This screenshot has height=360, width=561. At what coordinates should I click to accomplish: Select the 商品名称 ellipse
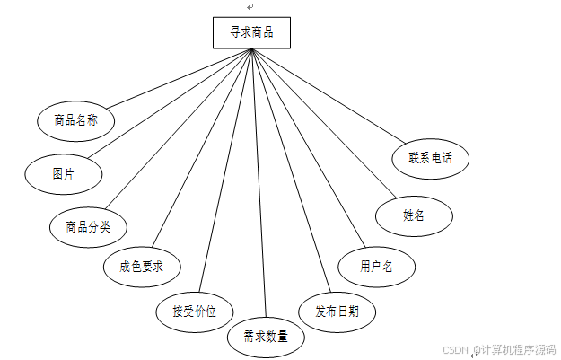[75, 119]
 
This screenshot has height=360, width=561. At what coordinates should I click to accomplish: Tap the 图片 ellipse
[63, 173]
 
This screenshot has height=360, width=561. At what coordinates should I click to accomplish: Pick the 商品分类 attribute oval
[88, 225]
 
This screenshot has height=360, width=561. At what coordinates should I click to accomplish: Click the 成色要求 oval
[143, 266]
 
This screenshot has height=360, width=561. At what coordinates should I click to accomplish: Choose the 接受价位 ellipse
[196, 311]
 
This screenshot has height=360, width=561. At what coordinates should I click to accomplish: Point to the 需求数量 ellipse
[266, 337]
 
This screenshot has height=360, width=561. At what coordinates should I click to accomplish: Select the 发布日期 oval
[337, 311]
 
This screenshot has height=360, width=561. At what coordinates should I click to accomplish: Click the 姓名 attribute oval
[414, 215]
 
